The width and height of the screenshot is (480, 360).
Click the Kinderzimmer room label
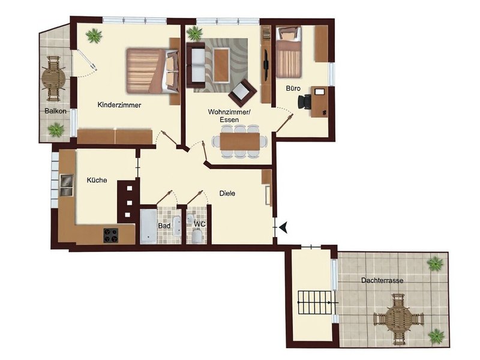[x=119, y=105]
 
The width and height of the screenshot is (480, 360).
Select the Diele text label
[x=227, y=193]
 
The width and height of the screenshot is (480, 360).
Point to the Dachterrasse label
[x=382, y=280]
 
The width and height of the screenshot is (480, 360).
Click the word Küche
[x=97, y=179]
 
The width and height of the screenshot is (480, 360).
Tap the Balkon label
[x=55, y=112]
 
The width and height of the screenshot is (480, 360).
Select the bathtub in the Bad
[x=148, y=226]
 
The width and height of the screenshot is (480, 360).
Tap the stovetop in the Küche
[x=111, y=235]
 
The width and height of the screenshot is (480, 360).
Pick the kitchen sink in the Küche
[x=66, y=185]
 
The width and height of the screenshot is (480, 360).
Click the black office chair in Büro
[x=305, y=101]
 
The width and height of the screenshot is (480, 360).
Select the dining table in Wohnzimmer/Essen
[x=238, y=142]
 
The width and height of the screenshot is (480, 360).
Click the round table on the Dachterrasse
[x=398, y=318]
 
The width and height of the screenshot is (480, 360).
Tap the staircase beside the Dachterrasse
[x=316, y=304]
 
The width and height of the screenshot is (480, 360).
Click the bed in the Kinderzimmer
[x=152, y=70]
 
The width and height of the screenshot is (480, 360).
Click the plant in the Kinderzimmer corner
[x=94, y=36]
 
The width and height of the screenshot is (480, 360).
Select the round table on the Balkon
[x=54, y=77]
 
